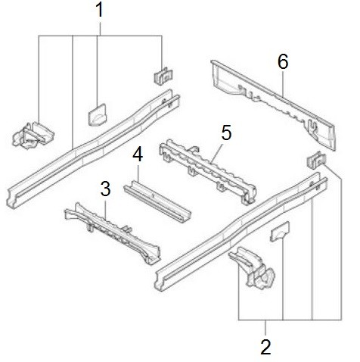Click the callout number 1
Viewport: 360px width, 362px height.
pos(100,10)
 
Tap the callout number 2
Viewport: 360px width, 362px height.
pos(266,348)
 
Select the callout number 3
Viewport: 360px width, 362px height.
pos(105,189)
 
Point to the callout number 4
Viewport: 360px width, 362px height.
pos(138,154)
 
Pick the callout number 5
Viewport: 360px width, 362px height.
pos(226,133)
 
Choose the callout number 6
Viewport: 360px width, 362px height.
pos(283,61)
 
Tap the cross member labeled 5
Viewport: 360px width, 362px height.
pos(207,171)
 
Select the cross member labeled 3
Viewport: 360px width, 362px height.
pos(113,232)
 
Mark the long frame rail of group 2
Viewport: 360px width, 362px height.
pos(241,231)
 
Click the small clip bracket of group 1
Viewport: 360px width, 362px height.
pos(164,76)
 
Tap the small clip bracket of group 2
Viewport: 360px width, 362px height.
pos(316,160)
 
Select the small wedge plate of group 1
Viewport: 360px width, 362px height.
pos(98,115)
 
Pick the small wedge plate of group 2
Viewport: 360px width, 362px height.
pos(280,232)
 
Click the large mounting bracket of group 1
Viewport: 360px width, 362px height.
pos(33,136)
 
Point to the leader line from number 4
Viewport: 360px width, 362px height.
pos(138,173)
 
